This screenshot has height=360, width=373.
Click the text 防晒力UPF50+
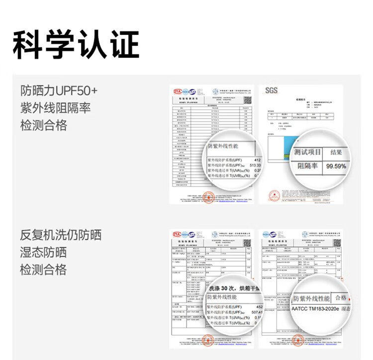[x=59, y=91]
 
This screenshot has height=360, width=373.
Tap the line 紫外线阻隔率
[x=55, y=108]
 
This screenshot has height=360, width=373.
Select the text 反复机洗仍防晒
[x=61, y=235]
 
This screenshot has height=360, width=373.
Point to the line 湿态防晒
[x=43, y=253]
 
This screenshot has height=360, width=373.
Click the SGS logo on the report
[x=271, y=90]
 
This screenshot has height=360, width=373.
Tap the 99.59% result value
[x=336, y=166]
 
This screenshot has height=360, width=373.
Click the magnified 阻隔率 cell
[x=307, y=166]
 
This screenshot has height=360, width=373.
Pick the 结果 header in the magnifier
[x=336, y=152]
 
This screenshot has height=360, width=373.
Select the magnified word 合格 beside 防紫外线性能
[x=341, y=298]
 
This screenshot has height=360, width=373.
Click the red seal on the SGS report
[x=274, y=196]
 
